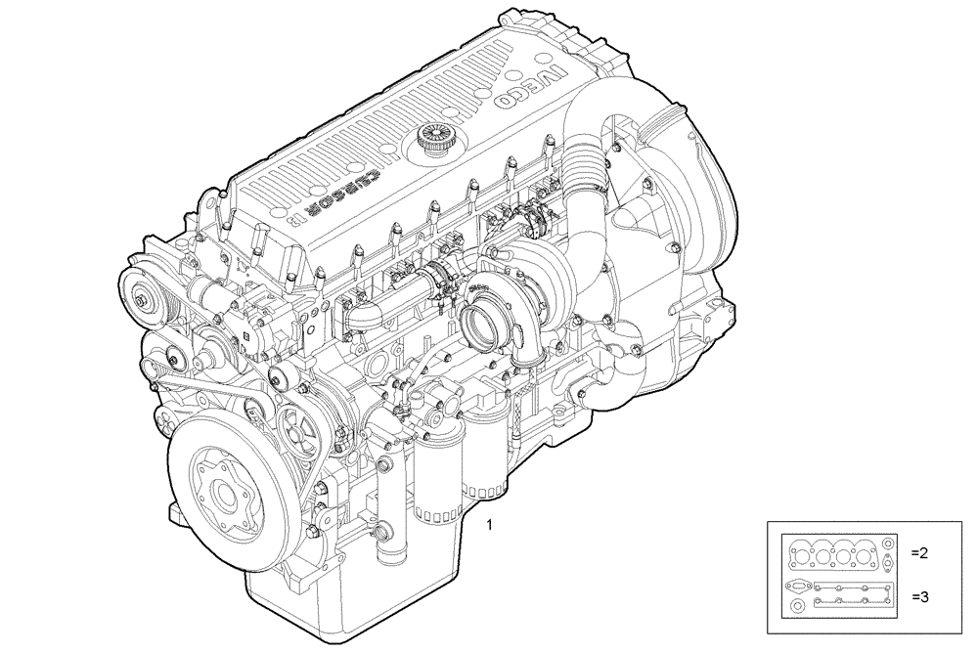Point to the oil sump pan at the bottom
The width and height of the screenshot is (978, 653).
tap(323, 606)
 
